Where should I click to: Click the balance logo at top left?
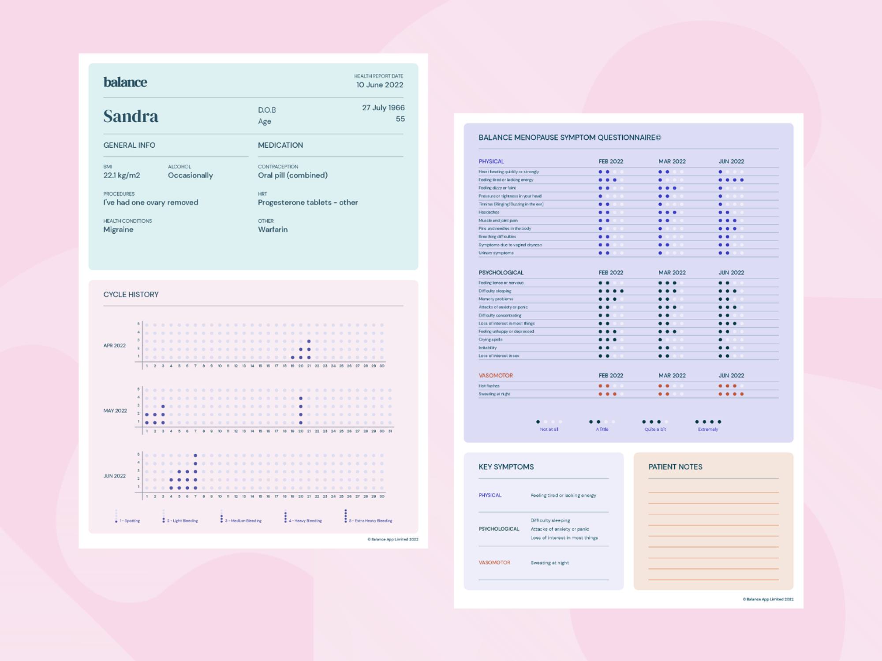point(125,82)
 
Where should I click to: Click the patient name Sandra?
point(131,116)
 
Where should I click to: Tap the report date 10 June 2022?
point(379,85)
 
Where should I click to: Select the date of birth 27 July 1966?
point(383,108)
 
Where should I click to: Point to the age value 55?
point(400,119)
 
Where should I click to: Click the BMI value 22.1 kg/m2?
point(122,176)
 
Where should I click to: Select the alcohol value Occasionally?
point(190,176)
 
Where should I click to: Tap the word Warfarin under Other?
point(273,230)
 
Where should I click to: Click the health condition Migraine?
point(118,230)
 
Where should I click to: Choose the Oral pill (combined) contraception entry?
point(292,176)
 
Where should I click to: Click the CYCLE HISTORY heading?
point(131,295)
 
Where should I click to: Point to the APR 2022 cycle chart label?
point(115,345)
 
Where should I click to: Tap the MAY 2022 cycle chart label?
point(115,411)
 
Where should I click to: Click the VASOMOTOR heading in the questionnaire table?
point(496,376)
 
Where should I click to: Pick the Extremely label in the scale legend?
point(708,429)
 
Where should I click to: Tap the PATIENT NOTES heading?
point(675,467)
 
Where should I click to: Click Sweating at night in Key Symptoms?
point(549,563)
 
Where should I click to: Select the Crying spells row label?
point(490,340)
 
